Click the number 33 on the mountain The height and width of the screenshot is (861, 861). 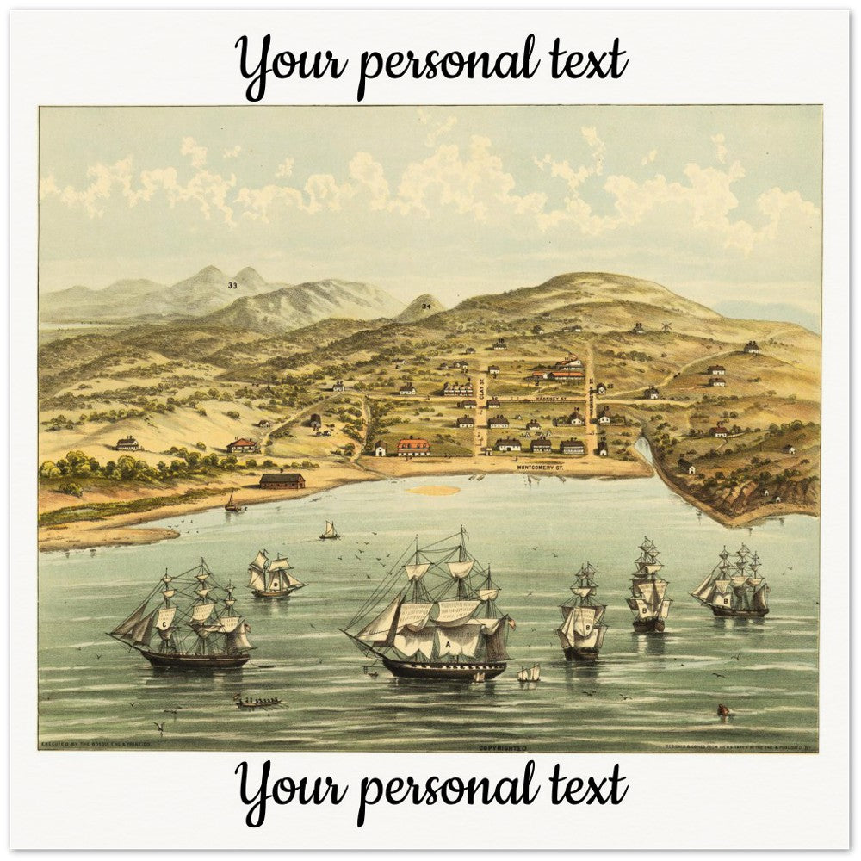click(x=232, y=285)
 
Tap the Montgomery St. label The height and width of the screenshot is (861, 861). click(x=540, y=467)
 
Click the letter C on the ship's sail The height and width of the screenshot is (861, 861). click(x=164, y=622)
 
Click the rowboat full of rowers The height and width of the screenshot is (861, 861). click(x=257, y=702)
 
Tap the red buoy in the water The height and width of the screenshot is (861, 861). click(x=722, y=710)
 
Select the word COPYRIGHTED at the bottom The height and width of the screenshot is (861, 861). click(x=502, y=748)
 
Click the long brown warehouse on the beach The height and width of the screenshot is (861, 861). click(x=282, y=480)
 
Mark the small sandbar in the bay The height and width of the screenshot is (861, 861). click(x=433, y=491)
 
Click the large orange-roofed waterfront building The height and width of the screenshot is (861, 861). click(x=413, y=446)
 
